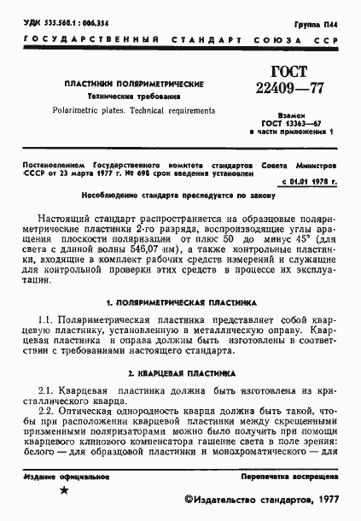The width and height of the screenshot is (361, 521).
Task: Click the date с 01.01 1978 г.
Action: click(310, 181)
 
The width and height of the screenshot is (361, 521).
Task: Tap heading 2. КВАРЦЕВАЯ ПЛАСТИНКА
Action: click(178, 372)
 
